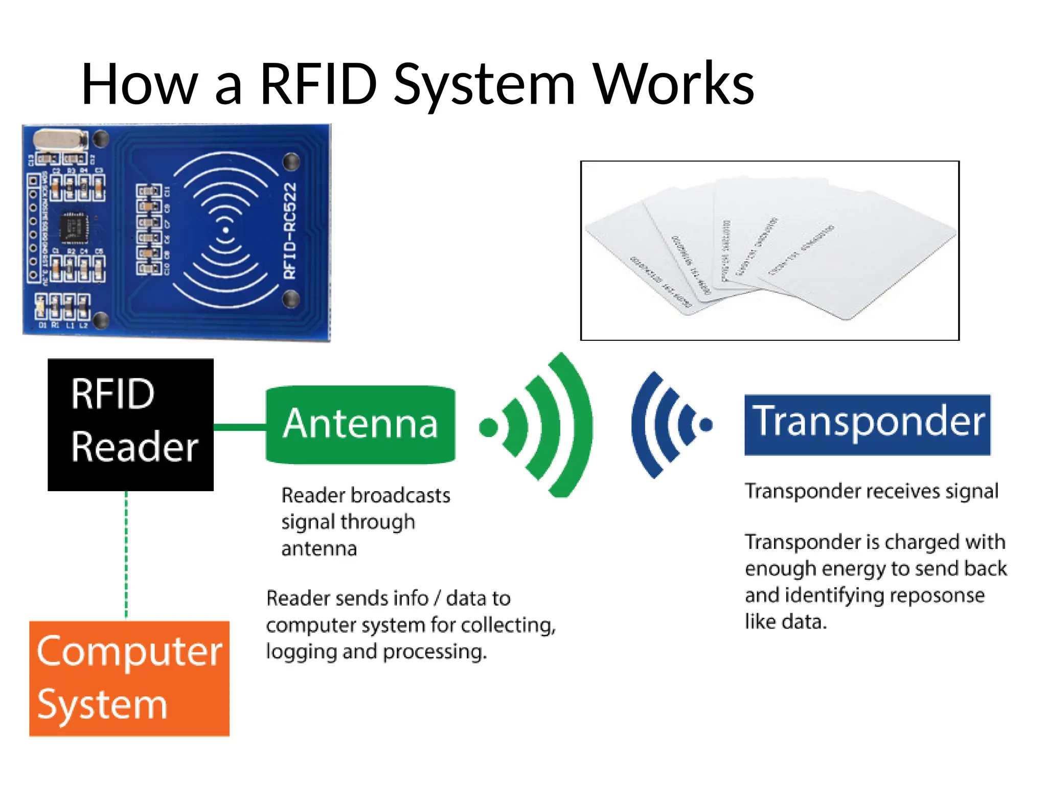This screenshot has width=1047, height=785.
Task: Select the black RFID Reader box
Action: tap(130, 424)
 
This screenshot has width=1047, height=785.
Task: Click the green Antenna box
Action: tap(360, 424)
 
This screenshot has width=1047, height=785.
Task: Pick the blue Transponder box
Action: tap(867, 424)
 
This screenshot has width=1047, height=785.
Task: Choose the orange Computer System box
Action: tap(129, 678)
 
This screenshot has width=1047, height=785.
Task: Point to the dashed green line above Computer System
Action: tap(126, 555)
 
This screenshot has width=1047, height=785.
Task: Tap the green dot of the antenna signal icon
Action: tap(489, 427)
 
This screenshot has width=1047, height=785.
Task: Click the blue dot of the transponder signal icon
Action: tap(706, 424)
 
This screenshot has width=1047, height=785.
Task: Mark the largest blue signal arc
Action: tap(639, 424)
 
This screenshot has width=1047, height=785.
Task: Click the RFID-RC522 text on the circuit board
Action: tap(290, 231)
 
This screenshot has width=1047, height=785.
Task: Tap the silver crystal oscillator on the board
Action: tap(60, 140)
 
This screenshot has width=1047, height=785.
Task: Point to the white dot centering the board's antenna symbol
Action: tap(225, 230)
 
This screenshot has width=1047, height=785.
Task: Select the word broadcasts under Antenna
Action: tap(401, 496)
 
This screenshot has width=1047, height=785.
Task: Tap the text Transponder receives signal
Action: tap(871, 491)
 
